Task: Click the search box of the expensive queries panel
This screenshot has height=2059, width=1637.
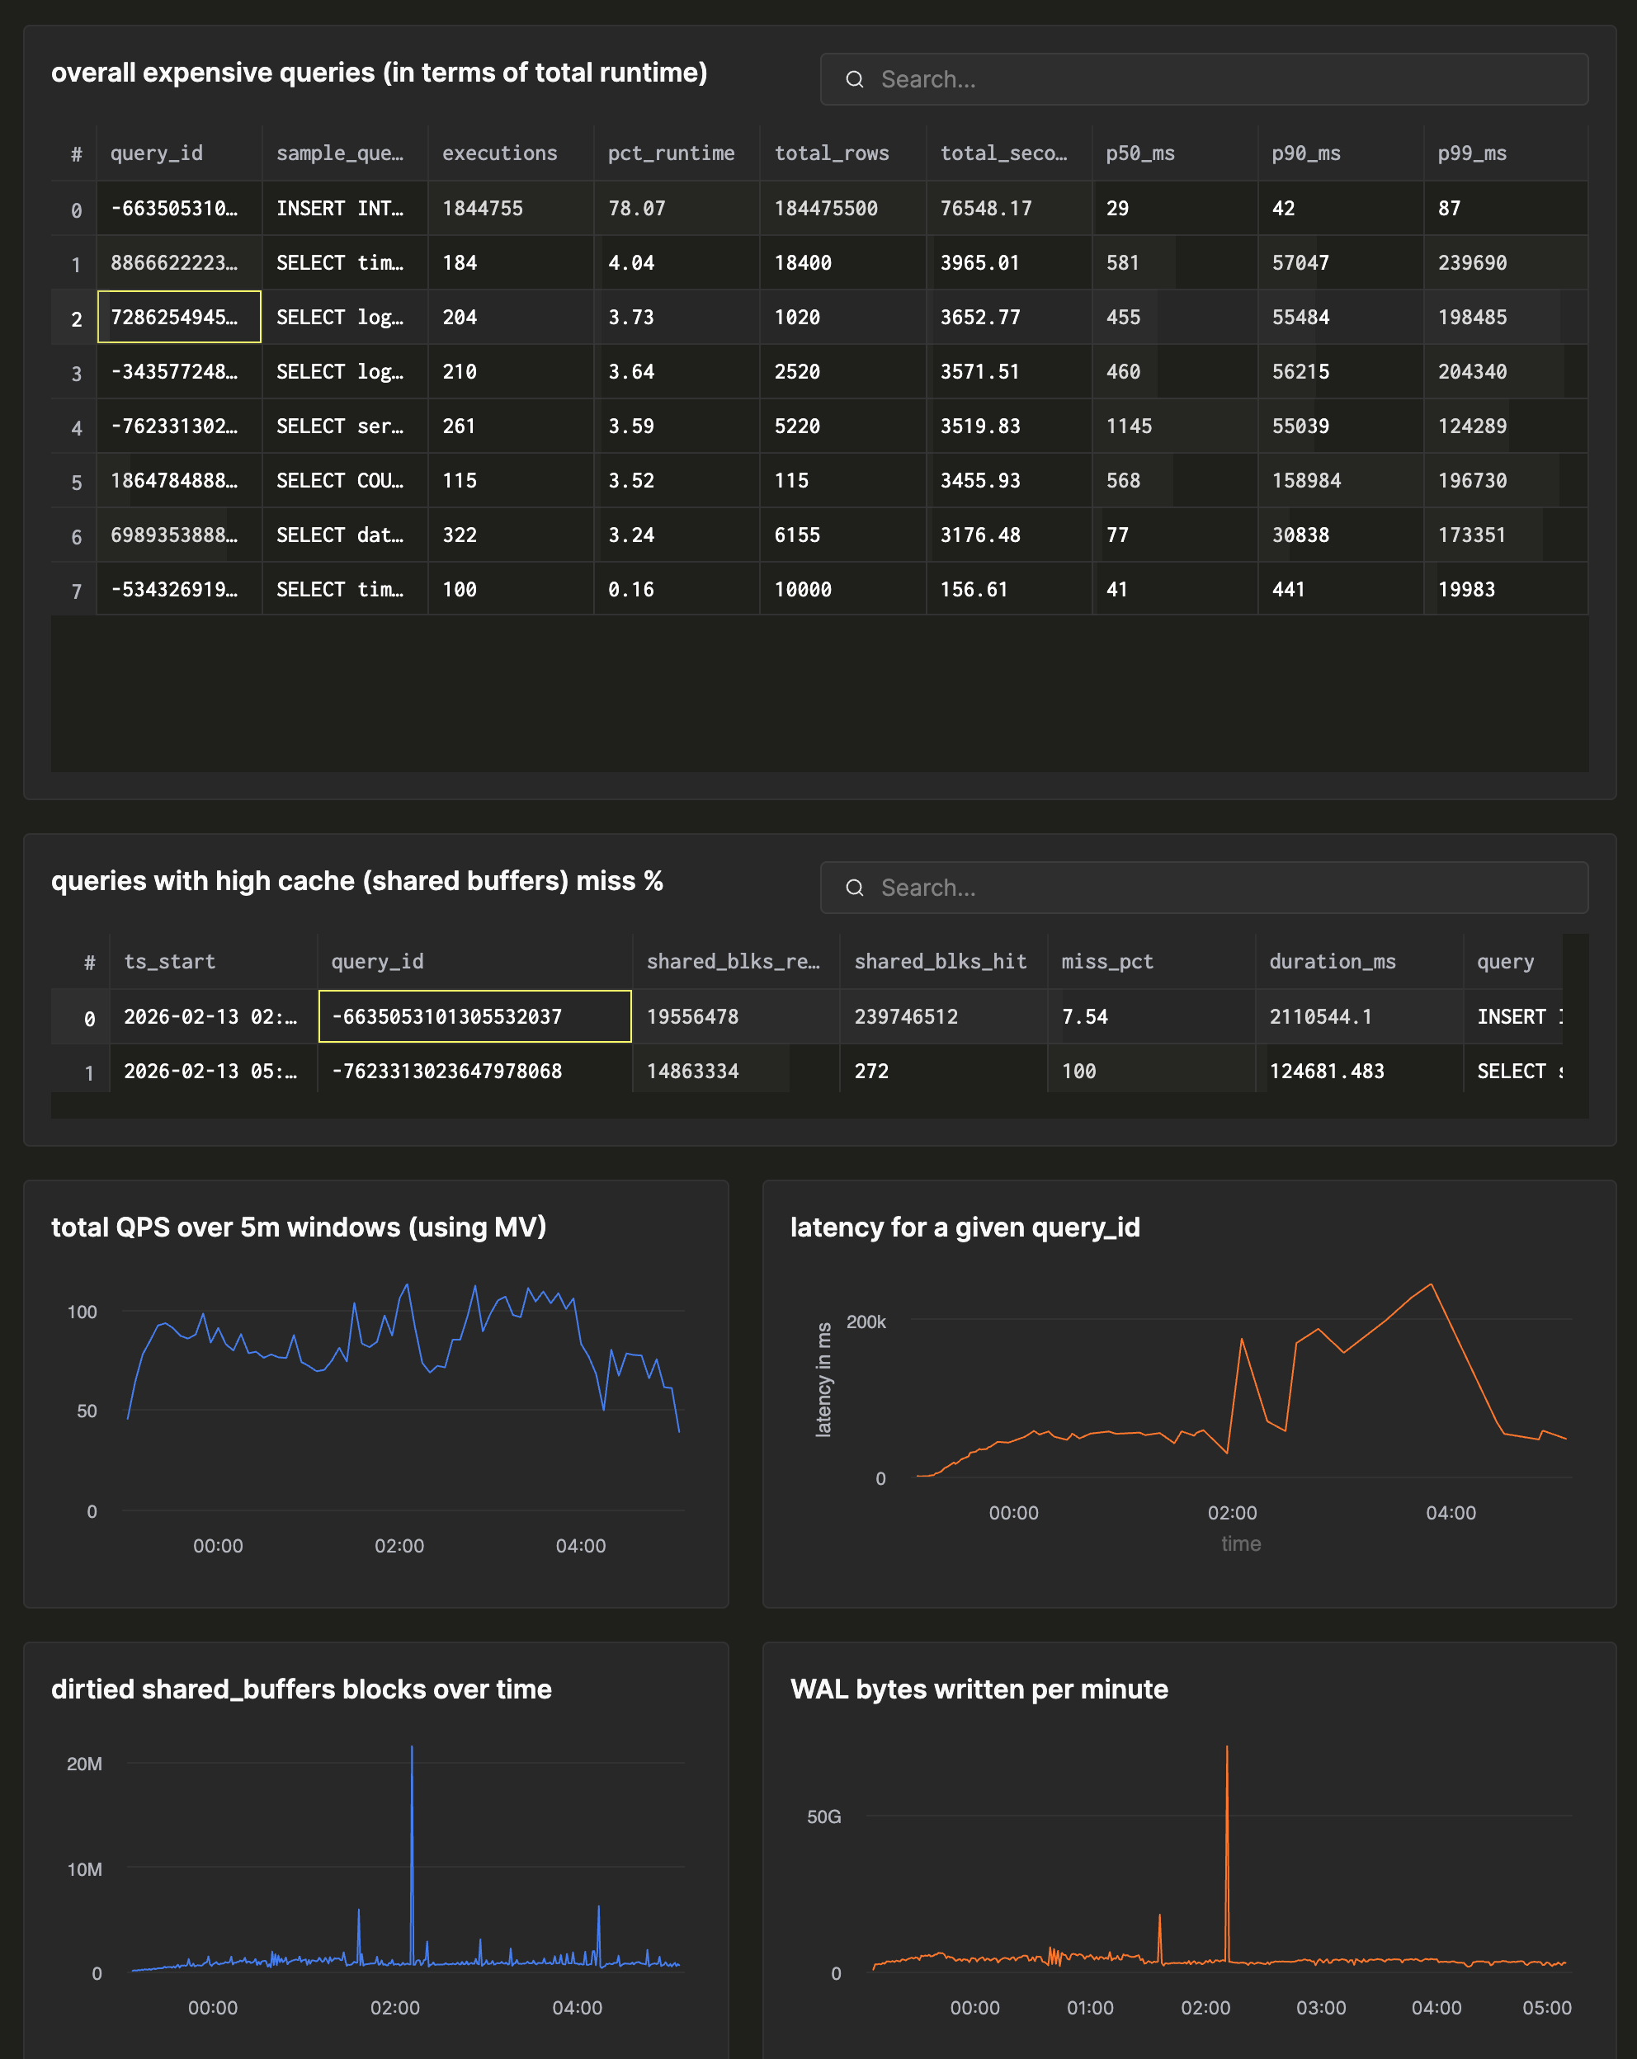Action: click(x=1203, y=79)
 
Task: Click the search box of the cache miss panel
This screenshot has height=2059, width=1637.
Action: click(x=1203, y=888)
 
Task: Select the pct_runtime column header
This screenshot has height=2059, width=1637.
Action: click(x=672, y=153)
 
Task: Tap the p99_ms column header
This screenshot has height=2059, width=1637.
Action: click(x=1472, y=153)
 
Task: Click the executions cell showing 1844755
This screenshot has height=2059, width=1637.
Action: click(x=483, y=208)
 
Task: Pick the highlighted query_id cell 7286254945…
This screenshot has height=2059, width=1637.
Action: click(x=178, y=317)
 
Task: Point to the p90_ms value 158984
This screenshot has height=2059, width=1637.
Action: click(x=1305, y=480)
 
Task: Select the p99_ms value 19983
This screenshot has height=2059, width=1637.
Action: click(x=1466, y=589)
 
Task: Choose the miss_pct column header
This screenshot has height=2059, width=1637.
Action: click(x=1107, y=962)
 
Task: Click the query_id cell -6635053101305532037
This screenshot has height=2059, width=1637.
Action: click(x=474, y=1016)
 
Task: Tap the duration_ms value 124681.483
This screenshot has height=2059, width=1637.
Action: click(x=1326, y=1072)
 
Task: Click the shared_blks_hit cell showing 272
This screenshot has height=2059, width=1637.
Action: click(x=871, y=1072)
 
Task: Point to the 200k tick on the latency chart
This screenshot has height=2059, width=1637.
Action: click(x=866, y=1322)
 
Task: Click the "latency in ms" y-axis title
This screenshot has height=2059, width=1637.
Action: click(x=823, y=1379)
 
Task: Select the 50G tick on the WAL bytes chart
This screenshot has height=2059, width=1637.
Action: click(x=823, y=1816)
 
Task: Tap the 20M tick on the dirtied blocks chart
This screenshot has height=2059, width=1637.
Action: click(x=84, y=1764)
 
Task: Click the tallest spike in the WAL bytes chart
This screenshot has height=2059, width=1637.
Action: click(x=1226, y=1750)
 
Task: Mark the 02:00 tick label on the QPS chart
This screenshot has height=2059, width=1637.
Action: click(x=399, y=1546)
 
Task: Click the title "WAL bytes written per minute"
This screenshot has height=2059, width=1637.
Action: click(x=979, y=1689)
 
